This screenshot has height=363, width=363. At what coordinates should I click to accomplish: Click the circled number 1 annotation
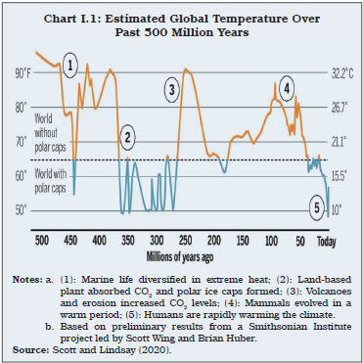pyautogui.click(x=70, y=67)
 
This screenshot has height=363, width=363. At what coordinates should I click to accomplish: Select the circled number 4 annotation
pyautogui.click(x=285, y=89)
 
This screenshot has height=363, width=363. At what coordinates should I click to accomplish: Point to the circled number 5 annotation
pyautogui.click(x=317, y=207)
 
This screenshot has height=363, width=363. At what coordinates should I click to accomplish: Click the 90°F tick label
pyautogui.click(x=22, y=73)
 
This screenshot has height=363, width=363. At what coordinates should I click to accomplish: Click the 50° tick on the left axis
pyautogui.click(x=22, y=209)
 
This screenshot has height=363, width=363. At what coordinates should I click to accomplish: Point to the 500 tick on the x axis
pyautogui.click(x=42, y=239)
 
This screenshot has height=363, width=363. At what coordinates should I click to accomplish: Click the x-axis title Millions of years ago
pyautogui.click(x=182, y=254)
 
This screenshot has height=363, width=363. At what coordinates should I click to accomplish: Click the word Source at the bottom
pyautogui.click(x=30, y=349)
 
